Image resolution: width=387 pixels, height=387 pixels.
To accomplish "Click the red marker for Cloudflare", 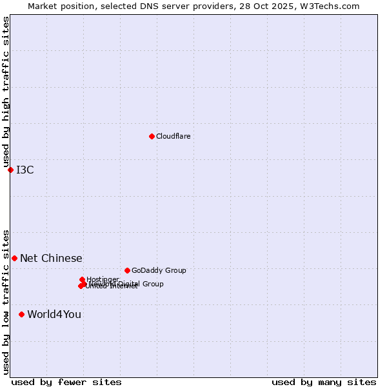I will pyautogui.click(x=152, y=136).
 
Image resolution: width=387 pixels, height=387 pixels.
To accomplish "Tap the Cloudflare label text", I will pyautogui.click(x=173, y=136).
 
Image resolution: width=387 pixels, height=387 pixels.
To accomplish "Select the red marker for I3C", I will pyautogui.click(x=10, y=170).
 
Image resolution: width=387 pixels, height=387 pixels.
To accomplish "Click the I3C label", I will pyautogui.click(x=25, y=170).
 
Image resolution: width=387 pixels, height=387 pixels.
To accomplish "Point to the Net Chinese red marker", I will pyautogui.click(x=14, y=258).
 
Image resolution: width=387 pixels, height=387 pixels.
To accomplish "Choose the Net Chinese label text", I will pyautogui.click(x=51, y=258).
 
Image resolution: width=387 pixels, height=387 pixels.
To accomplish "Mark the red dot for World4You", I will pyautogui.click(x=21, y=314).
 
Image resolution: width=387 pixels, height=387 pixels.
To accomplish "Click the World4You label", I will pyautogui.click(x=54, y=314).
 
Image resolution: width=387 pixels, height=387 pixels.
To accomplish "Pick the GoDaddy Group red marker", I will pyautogui.click(x=127, y=270).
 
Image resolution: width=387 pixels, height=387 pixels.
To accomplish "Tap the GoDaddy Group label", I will pyautogui.click(x=159, y=270).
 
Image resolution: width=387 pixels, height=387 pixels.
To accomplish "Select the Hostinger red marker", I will pyautogui.click(x=82, y=279).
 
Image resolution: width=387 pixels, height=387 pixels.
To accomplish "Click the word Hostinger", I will pyautogui.click(x=103, y=279).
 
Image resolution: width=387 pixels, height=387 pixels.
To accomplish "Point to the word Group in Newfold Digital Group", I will pyautogui.click(x=153, y=284).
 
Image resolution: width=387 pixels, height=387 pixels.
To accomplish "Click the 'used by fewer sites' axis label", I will pyautogui.click(x=66, y=382).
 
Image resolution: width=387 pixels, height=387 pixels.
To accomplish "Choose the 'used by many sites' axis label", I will pyautogui.click(x=324, y=382).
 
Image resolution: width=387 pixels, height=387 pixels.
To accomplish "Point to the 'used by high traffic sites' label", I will pyautogui.click(x=6, y=92).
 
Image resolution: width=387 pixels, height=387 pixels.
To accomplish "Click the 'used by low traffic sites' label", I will pyautogui.click(x=6, y=301).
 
